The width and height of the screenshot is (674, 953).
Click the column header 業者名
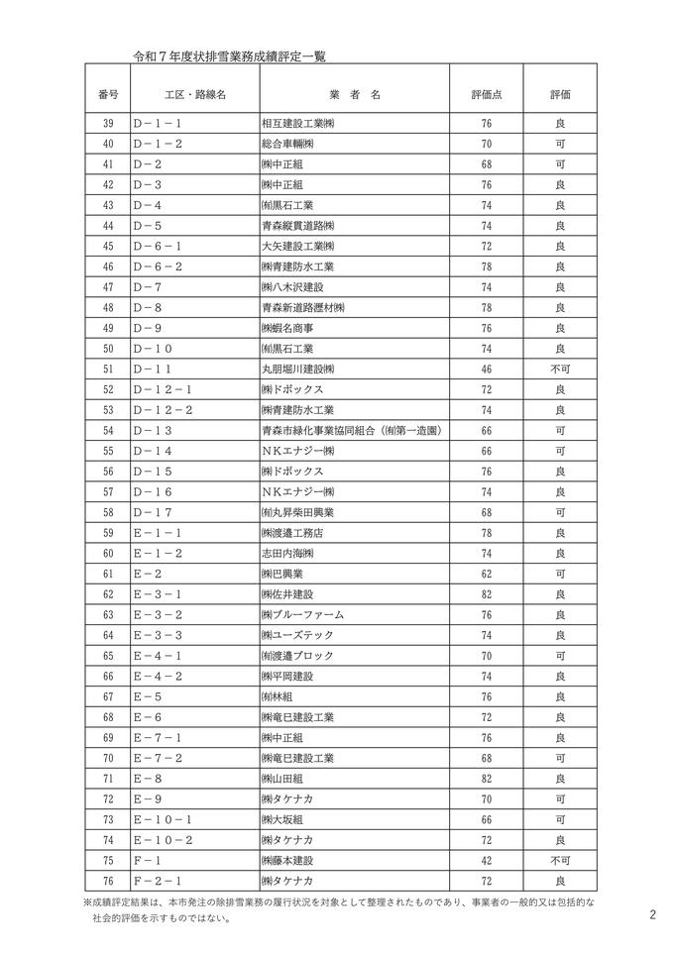coord(354,94)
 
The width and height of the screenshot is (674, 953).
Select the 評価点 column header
coord(486,94)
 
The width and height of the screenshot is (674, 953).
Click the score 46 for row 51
coord(486,369)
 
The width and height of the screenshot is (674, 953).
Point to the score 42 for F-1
coord(486,859)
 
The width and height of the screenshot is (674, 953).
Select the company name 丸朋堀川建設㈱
coord(298,369)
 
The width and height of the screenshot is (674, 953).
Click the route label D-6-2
coord(158,266)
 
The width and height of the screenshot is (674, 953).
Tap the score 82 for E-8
coord(486,778)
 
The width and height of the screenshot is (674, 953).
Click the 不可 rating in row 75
coord(560,859)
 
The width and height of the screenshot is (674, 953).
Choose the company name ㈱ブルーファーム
coord(297,614)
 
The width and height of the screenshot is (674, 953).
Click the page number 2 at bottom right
coord(652,915)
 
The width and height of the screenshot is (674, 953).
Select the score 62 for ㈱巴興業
coord(486,574)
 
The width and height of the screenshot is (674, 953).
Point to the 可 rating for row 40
coord(560,144)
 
